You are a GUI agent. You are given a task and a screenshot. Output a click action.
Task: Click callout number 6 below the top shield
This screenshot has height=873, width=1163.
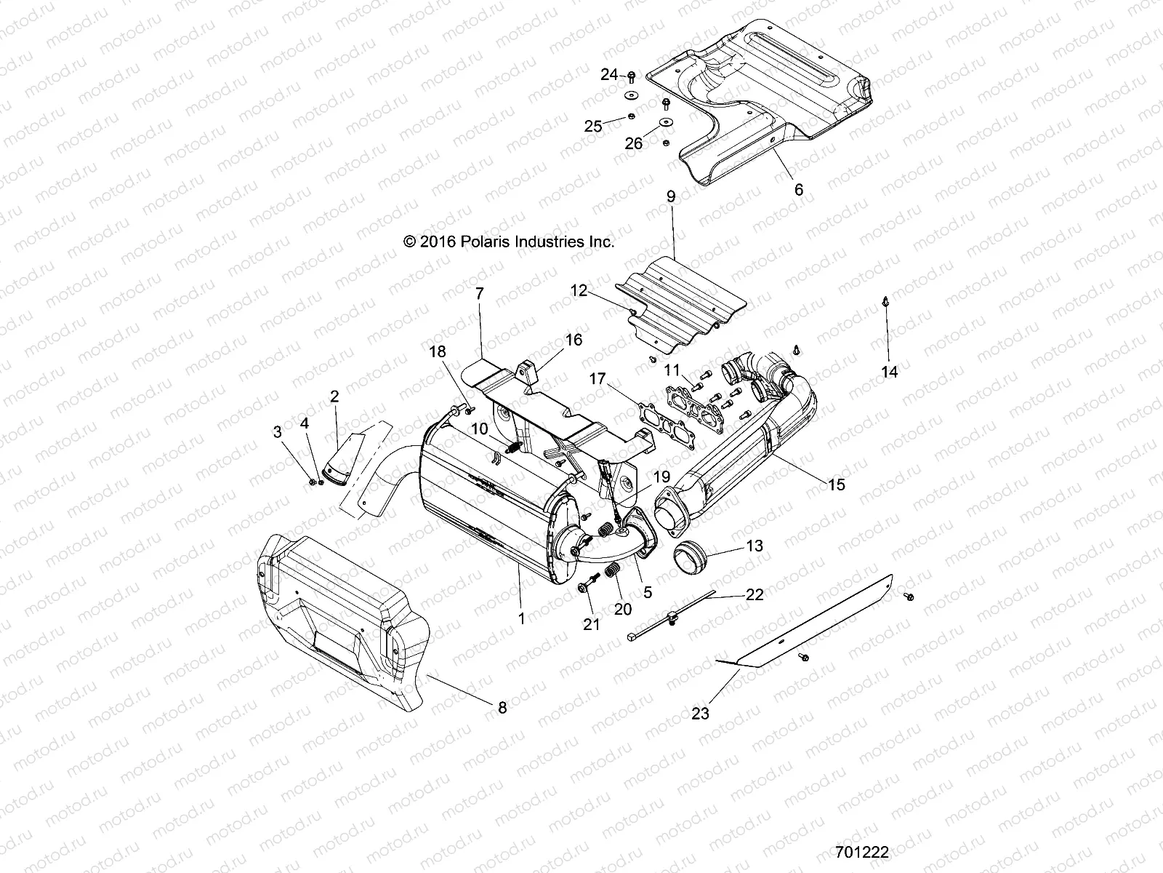(x=799, y=190)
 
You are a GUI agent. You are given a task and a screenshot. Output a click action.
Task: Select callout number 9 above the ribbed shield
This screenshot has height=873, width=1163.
(x=670, y=217)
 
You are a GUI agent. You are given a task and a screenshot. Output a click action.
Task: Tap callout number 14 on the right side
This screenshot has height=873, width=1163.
(x=889, y=372)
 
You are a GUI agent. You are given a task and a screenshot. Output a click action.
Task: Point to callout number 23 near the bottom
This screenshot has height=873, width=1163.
(x=700, y=714)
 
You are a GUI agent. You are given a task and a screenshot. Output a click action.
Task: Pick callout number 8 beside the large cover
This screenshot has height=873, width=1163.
(x=502, y=706)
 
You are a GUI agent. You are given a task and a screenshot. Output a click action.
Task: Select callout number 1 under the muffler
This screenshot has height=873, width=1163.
(x=520, y=618)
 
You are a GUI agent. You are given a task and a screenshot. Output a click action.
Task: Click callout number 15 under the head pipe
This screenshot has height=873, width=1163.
(x=837, y=485)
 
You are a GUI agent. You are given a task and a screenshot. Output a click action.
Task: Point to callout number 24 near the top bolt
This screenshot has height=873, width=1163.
(x=609, y=74)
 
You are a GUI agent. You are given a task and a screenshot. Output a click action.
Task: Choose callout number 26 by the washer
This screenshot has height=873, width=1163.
(x=634, y=143)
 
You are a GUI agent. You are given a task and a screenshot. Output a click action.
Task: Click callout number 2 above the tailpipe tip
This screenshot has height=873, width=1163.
(x=334, y=396)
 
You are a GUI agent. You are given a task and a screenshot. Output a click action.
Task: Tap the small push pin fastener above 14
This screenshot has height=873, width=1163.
(x=885, y=300)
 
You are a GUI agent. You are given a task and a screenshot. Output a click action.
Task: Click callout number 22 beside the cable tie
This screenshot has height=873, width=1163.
(x=754, y=594)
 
